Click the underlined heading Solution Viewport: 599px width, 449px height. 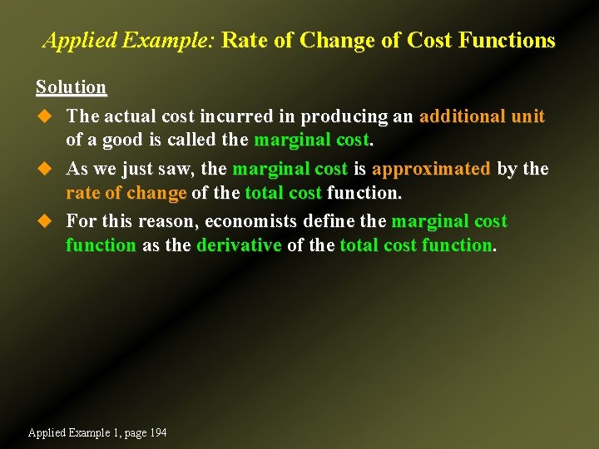click(71, 87)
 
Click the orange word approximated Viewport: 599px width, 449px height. click(431, 169)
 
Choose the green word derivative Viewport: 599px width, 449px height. click(239, 245)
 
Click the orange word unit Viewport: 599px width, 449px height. click(527, 116)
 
